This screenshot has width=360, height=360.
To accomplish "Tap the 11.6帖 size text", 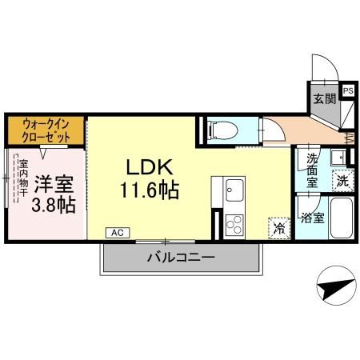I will (150, 190).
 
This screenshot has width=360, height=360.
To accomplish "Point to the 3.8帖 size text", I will (54, 206).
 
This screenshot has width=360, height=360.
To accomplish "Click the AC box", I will (117, 233).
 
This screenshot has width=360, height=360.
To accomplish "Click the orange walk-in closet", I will (45, 130).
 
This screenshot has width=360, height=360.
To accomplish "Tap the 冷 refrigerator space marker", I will (278, 228).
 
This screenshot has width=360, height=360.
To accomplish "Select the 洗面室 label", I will (311, 170).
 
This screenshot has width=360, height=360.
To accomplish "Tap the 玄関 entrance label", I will (323, 99).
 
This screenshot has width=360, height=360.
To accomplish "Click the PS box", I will (348, 90).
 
